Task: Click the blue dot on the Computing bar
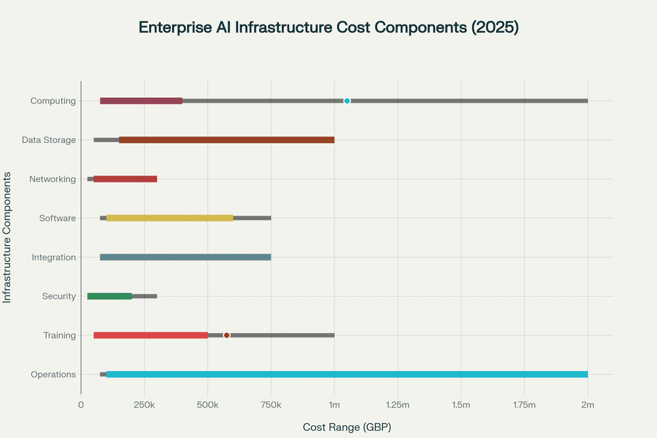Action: click(x=347, y=100)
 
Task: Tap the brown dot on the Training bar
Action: click(x=227, y=335)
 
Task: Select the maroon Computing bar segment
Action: click(x=141, y=100)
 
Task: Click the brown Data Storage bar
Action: click(x=227, y=140)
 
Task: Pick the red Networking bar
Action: click(x=125, y=179)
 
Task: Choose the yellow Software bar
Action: click(x=170, y=218)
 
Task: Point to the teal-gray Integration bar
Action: click(x=185, y=257)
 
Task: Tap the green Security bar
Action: click(x=110, y=296)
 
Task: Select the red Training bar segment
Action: click(x=150, y=335)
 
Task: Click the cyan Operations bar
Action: click(x=347, y=374)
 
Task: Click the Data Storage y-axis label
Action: click(x=49, y=140)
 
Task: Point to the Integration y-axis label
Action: click(x=54, y=257)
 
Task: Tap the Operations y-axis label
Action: click(x=53, y=374)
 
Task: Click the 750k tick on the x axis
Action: click(x=271, y=406)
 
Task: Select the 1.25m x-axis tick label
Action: click(x=397, y=406)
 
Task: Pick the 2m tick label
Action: click(x=587, y=406)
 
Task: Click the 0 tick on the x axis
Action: click(x=81, y=406)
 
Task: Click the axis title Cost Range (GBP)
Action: click(x=347, y=427)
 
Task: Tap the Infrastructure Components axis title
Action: click(x=7, y=237)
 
